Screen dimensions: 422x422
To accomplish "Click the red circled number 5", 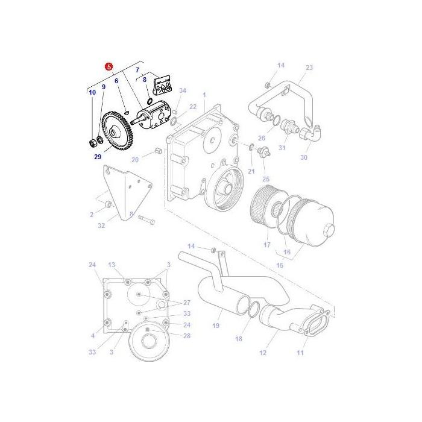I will tap(108, 67).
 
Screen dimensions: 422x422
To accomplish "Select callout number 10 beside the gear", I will tap(92, 92).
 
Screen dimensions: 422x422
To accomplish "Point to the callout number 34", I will tap(183, 90).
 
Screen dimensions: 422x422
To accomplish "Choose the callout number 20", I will tap(135, 159).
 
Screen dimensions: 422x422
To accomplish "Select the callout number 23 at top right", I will tap(309, 68).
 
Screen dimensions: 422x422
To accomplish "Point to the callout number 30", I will tap(303, 158).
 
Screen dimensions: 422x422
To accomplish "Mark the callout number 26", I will tap(261, 138).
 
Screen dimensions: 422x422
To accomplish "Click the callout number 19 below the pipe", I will tap(215, 326).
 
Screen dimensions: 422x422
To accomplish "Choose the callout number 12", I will tap(263, 353).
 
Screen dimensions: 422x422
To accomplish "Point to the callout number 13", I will tap(111, 265).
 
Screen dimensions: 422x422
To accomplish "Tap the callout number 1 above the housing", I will tap(204, 95).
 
